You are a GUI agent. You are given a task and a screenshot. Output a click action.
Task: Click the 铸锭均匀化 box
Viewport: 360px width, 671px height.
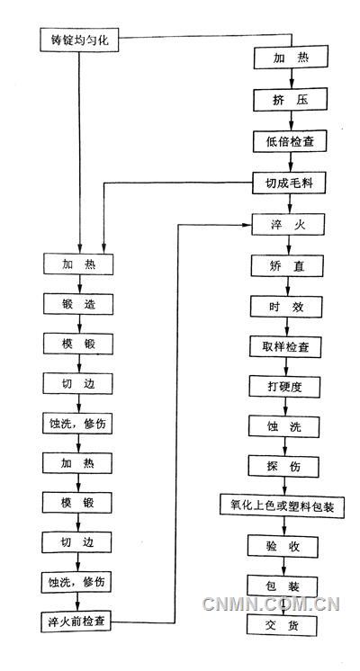click(79, 40)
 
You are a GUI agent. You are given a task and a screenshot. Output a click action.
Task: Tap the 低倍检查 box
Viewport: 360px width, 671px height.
click(283, 141)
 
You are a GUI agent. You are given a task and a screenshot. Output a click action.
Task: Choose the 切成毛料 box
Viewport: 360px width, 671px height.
click(283, 183)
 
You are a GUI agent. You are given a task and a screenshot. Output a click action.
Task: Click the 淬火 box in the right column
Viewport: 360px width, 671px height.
click(283, 225)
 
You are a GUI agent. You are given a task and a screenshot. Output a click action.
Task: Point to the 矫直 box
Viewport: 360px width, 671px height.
click(283, 266)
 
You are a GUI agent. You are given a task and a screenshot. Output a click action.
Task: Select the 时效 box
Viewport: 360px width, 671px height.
click(283, 307)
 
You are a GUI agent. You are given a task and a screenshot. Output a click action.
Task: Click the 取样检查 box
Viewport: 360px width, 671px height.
click(283, 347)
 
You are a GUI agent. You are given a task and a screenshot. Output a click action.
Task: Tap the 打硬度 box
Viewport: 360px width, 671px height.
click(283, 387)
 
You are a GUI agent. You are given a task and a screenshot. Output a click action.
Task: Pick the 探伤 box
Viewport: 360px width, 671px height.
click(283, 467)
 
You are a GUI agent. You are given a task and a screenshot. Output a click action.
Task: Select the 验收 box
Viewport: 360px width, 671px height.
click(283, 546)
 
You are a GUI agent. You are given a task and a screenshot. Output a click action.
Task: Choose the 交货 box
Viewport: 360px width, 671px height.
click(283, 625)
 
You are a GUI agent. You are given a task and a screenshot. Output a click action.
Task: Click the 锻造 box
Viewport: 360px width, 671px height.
click(79, 305)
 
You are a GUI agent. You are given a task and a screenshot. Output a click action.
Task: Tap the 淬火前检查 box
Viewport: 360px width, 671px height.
click(79, 622)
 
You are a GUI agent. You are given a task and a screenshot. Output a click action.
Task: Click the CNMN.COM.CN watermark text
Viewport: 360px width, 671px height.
click(270, 604)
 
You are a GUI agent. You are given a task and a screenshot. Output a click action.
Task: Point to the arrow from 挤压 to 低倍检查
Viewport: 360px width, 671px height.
click(283, 121)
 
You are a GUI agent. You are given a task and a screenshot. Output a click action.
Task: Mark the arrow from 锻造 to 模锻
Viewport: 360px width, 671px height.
click(79, 324)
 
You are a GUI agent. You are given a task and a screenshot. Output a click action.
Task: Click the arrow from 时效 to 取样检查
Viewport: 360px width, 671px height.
click(283, 327)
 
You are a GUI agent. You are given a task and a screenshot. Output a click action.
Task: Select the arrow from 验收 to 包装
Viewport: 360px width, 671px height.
click(283, 566)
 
